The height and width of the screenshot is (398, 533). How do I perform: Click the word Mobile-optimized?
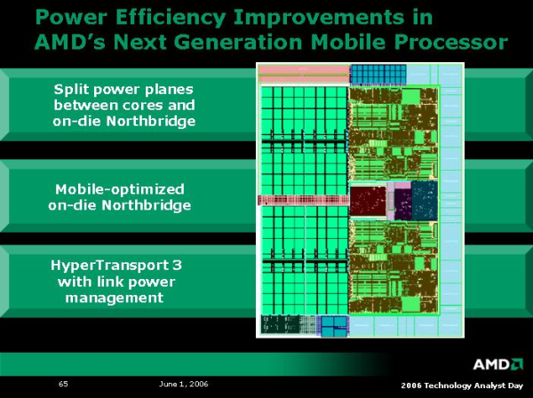coord(120,189)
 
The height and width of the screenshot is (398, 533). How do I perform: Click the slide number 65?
coord(64,384)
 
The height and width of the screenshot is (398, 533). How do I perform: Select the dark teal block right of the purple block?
coord(426,199)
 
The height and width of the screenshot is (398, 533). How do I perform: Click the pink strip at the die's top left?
coord(303,69)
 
